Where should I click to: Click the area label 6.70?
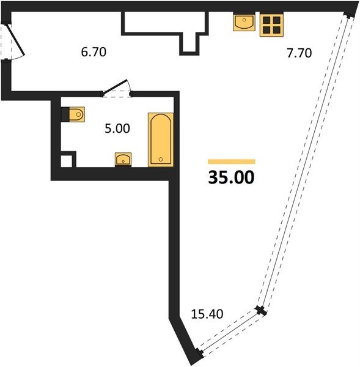click(94, 52)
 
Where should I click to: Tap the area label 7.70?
click(299, 53)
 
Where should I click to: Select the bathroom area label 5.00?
click(117, 128)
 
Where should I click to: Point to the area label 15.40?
click(207, 314)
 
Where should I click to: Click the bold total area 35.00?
click(231, 177)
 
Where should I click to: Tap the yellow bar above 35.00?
click(232, 161)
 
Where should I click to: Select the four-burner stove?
click(271, 25)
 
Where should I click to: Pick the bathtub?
click(161, 139)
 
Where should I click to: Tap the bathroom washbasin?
click(123, 160)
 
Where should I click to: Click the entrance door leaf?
click(15, 40)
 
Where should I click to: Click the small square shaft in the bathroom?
click(68, 160)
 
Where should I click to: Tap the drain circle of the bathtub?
click(161, 160)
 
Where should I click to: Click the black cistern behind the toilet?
click(65, 114)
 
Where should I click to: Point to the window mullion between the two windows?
click(260, 310)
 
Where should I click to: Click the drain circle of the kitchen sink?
click(244, 20)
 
